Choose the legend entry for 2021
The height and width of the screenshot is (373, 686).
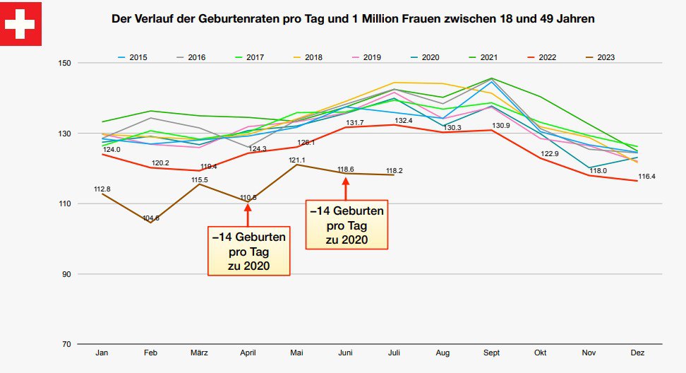(x=488, y=57)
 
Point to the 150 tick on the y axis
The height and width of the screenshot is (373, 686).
(x=65, y=64)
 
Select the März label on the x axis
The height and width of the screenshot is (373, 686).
(x=199, y=352)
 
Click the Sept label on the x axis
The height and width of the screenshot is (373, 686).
(x=491, y=352)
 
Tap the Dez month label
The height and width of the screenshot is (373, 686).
(x=637, y=352)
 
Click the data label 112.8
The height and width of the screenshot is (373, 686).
(x=102, y=189)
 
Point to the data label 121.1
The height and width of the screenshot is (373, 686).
(x=297, y=160)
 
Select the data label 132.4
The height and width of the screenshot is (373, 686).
(x=394, y=121)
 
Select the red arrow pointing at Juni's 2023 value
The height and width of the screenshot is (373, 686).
(x=345, y=189)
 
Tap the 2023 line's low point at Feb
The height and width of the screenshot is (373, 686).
(x=150, y=223)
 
